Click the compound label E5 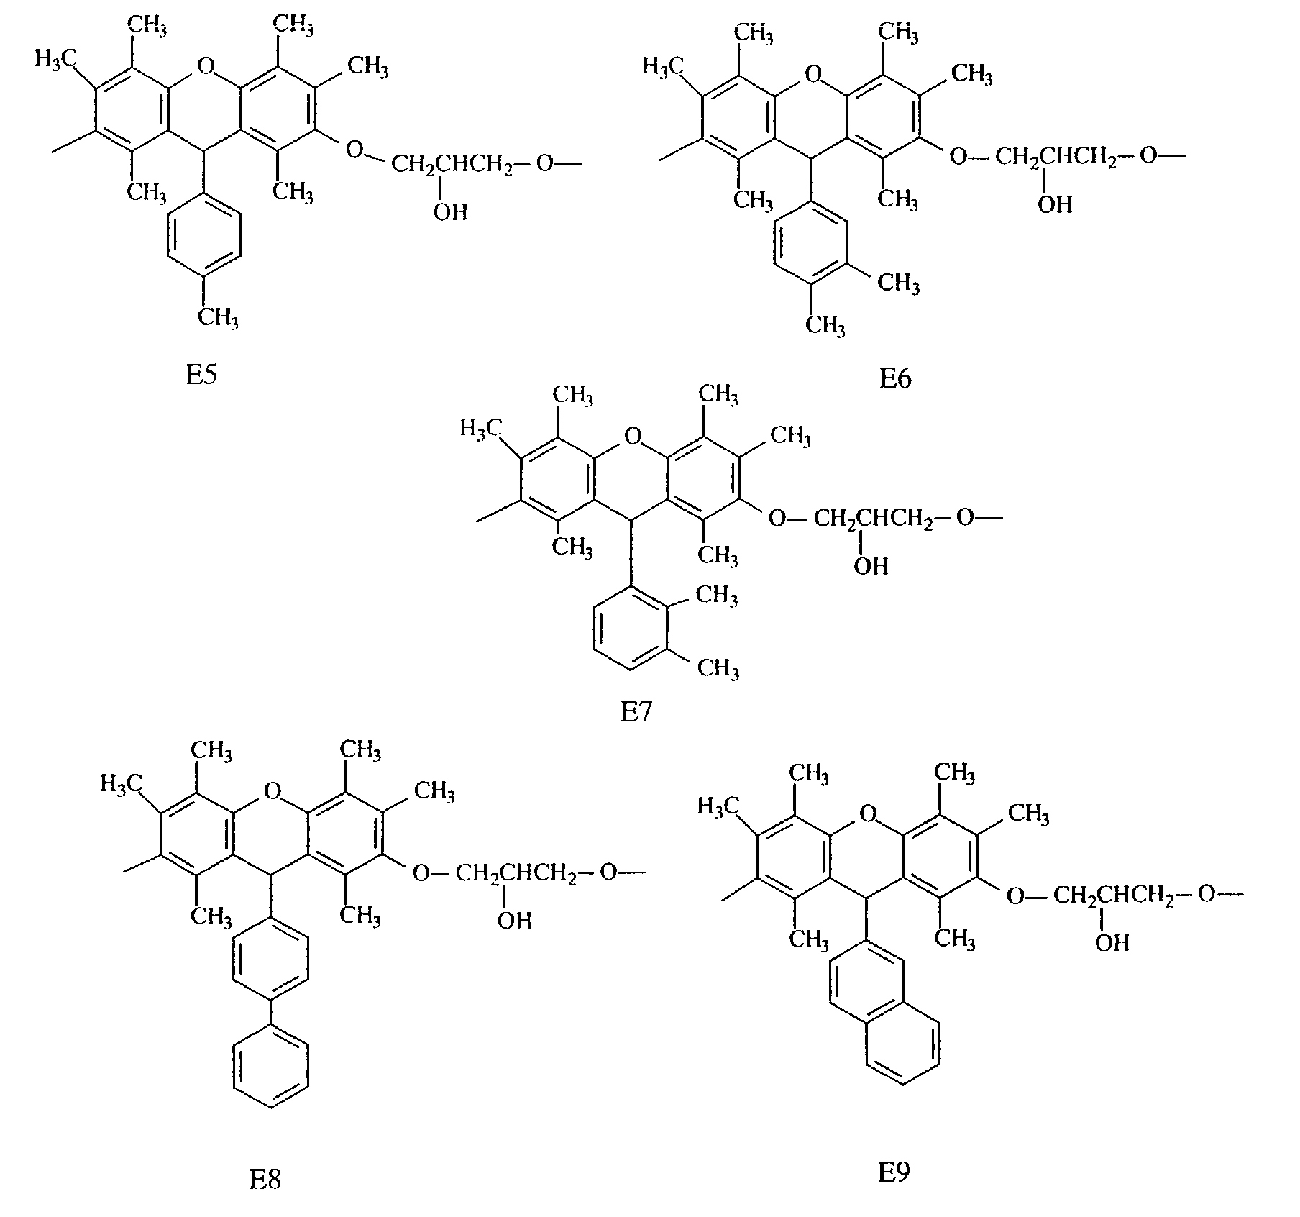[201, 375]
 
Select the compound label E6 [895, 378]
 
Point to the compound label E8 [265, 1180]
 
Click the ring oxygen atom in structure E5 [205, 67]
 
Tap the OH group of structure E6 [1056, 205]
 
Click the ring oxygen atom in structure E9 [868, 813]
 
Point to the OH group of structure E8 [514, 920]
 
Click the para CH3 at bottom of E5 [218, 316]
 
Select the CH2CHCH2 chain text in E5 [452, 165]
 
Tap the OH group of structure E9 [1112, 942]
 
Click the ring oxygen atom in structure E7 [631, 434]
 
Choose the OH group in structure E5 [450, 211]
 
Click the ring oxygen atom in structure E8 [271, 792]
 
